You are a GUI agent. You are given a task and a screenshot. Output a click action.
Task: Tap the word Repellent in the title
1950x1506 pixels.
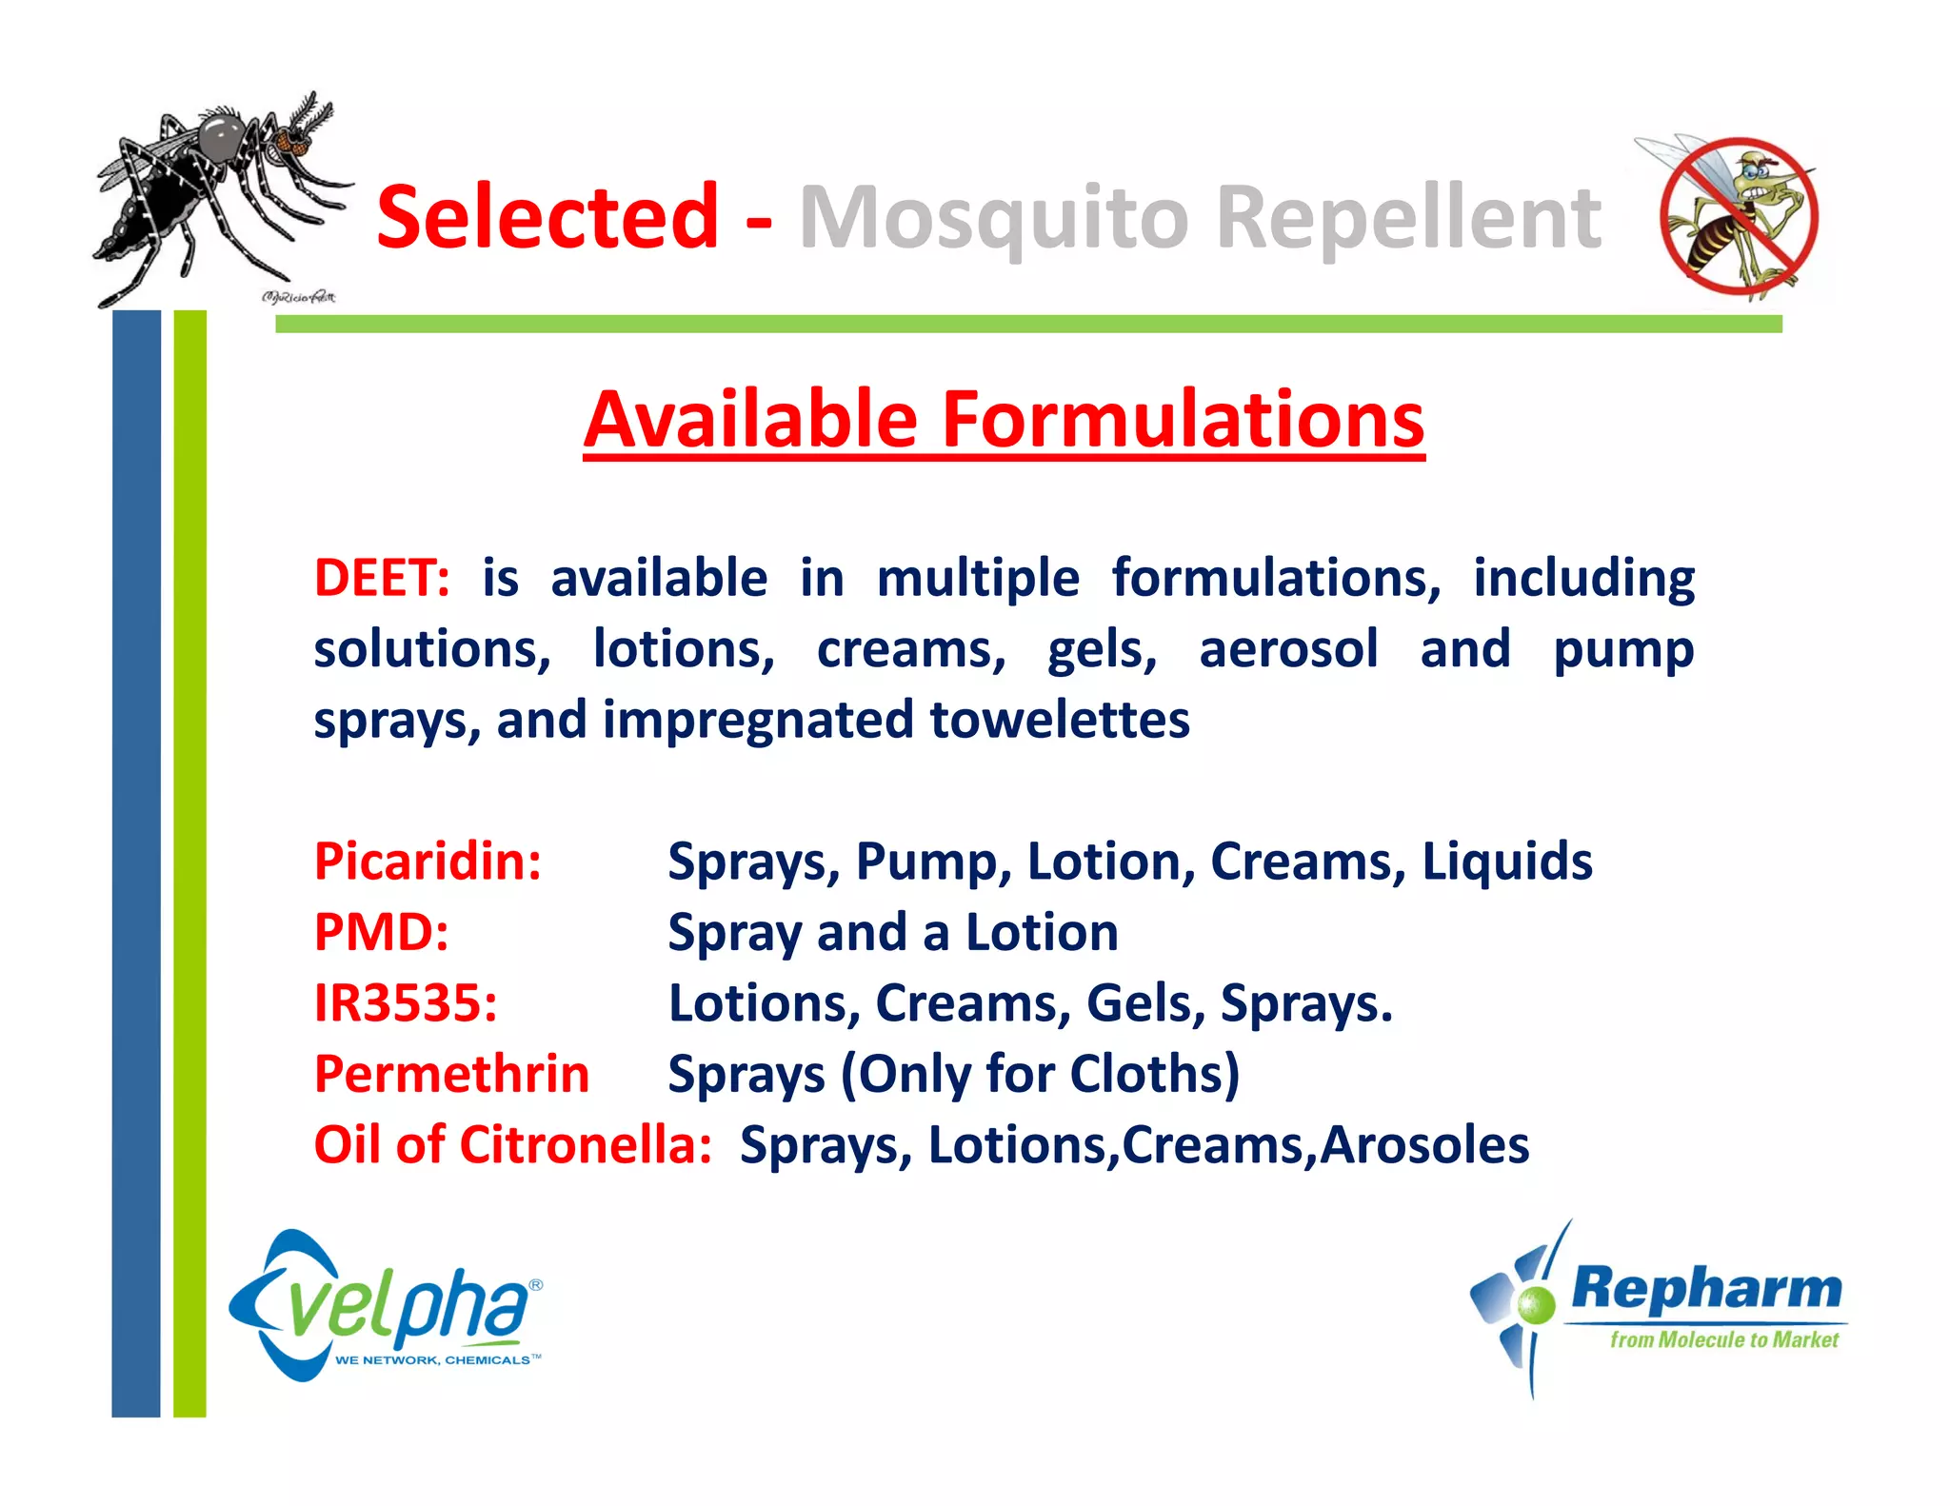point(1409,219)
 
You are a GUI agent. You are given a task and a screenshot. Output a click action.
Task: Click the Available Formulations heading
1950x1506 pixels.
point(1004,420)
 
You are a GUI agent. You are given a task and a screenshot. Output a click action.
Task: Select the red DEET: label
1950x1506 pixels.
point(382,578)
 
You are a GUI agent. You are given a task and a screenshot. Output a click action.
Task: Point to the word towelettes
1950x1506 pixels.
point(1060,720)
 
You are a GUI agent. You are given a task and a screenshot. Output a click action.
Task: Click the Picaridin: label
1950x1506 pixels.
point(428,862)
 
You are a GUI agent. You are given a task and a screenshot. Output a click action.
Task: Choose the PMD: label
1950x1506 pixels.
point(381,932)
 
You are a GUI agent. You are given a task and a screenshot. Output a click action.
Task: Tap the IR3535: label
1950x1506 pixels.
point(406,1003)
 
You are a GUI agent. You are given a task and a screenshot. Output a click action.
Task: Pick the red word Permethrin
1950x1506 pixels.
point(451,1074)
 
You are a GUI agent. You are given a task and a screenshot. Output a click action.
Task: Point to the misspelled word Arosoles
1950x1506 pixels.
point(1424,1144)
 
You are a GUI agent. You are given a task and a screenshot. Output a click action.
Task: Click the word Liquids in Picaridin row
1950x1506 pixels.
point(1506,862)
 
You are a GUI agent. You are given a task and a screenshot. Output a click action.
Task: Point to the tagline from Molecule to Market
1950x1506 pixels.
point(1723,1340)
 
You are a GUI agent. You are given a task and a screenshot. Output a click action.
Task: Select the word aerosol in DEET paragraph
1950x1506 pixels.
point(1287,649)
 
